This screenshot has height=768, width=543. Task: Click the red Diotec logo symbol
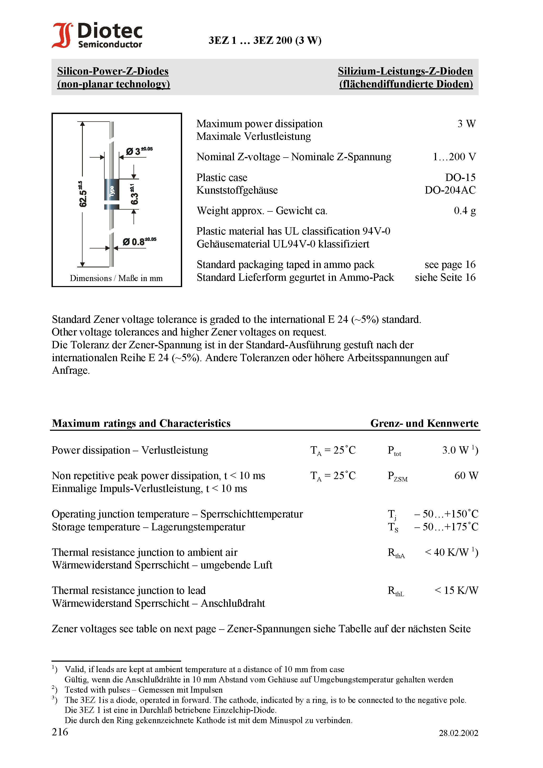click(x=62, y=35)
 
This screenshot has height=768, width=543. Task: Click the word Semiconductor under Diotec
click(x=110, y=44)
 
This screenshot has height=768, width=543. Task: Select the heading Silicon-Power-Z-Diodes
click(x=113, y=71)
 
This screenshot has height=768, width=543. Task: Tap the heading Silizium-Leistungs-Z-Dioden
click(x=405, y=71)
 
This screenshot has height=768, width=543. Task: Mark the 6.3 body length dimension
click(x=134, y=194)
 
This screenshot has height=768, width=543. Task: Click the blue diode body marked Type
click(x=112, y=190)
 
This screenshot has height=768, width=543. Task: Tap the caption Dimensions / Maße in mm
click(x=116, y=278)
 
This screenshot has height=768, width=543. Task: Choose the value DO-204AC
click(x=450, y=190)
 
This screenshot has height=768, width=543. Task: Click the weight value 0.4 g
click(x=465, y=211)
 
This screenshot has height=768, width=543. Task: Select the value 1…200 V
click(x=454, y=157)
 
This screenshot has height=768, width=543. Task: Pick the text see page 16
click(x=450, y=264)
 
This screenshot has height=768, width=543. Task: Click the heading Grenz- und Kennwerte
click(x=424, y=423)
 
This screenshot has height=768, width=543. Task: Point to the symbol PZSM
click(x=397, y=476)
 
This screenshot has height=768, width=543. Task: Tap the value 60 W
click(x=466, y=476)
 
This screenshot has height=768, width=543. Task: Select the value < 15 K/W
click(x=456, y=590)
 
